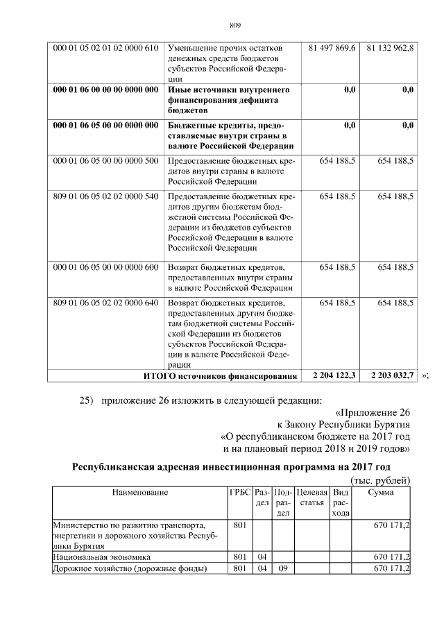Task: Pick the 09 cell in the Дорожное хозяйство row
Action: pos(283,569)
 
